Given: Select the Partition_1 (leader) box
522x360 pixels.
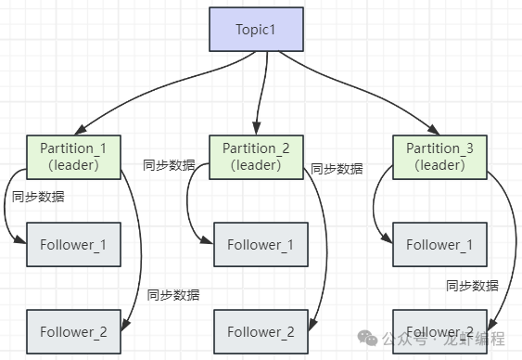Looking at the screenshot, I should [73, 156].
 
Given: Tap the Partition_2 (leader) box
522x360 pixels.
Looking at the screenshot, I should [256, 156].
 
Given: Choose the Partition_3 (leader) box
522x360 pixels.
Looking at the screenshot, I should [439, 156].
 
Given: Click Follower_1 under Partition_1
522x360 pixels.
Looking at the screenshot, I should [73, 245].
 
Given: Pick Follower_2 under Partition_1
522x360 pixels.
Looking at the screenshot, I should [73, 331].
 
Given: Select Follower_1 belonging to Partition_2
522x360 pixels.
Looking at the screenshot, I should [261, 245].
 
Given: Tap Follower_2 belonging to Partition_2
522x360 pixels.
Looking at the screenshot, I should [261, 331].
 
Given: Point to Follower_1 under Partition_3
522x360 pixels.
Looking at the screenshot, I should [440, 245].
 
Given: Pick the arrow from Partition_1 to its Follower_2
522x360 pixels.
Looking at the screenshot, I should [141, 251].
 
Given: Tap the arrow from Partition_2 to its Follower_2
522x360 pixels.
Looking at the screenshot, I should [325, 251].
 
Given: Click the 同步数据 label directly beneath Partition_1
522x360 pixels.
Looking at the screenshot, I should [38, 197].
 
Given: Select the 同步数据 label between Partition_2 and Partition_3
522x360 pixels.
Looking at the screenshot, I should [337, 169].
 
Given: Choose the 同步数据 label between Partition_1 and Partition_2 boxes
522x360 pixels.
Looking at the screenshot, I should [169, 165].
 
